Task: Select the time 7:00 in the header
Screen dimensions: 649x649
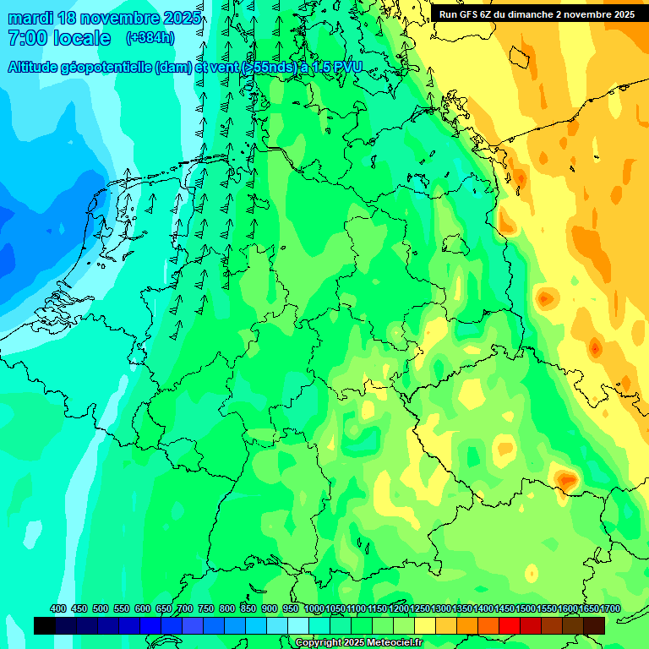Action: click(26, 38)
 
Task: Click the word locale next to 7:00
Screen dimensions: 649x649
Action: click(81, 38)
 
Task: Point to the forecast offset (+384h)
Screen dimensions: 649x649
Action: click(150, 38)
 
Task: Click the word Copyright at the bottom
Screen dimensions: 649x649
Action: click(319, 643)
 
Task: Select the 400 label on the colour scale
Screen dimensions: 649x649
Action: click(58, 608)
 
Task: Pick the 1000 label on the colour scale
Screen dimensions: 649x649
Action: click(314, 608)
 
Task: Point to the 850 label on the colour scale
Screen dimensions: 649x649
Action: click(248, 608)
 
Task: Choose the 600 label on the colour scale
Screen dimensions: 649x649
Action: click(143, 608)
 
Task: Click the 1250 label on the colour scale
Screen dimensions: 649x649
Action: click(420, 608)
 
